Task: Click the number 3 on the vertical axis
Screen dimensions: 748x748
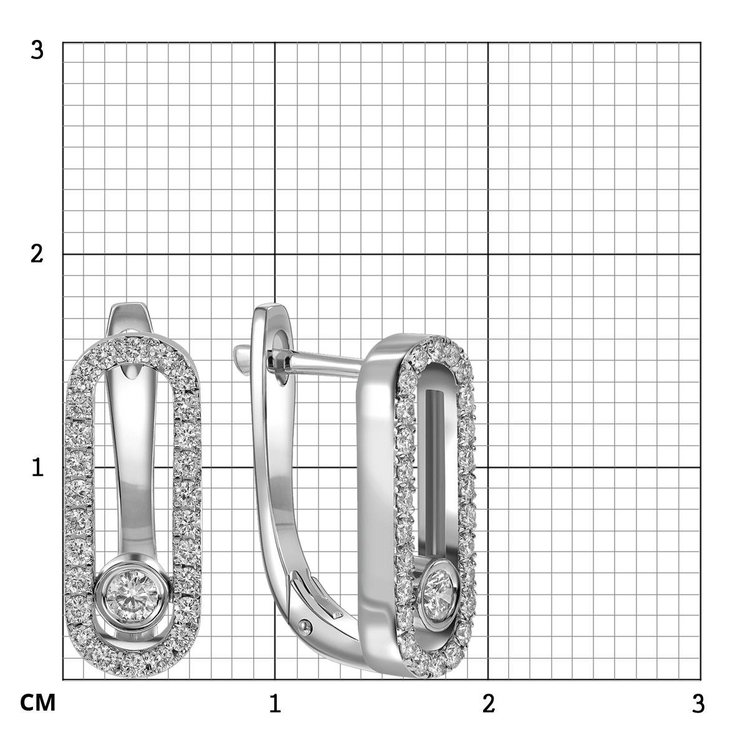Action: [37, 50]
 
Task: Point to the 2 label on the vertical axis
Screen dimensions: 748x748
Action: [37, 255]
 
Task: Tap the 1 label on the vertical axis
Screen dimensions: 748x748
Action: [37, 467]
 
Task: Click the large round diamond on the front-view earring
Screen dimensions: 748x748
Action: [132, 596]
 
